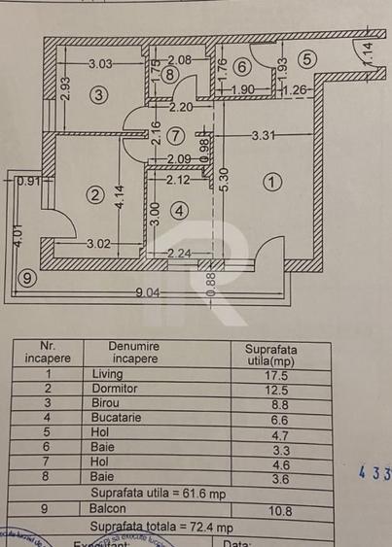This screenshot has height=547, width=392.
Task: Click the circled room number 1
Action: tap(272, 181)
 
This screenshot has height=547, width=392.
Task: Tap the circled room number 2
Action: tap(95, 195)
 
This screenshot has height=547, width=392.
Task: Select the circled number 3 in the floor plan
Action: tap(98, 94)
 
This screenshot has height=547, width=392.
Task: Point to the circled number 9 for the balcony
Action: tap(28, 279)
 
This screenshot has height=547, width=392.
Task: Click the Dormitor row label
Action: tap(115, 389)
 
